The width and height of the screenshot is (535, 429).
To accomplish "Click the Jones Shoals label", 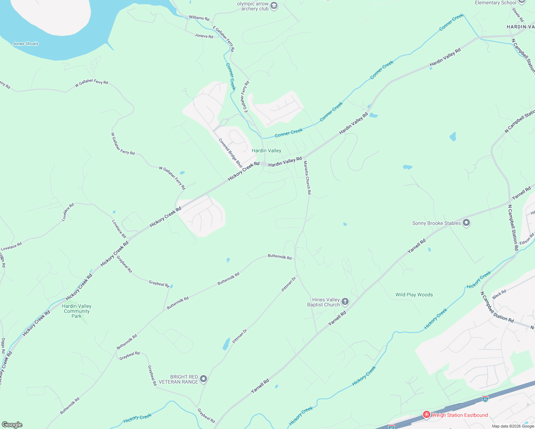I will click(x=25, y=44).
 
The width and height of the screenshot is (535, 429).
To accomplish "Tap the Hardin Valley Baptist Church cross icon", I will click(x=345, y=302).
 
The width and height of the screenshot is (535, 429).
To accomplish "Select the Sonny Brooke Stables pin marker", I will click(x=466, y=223).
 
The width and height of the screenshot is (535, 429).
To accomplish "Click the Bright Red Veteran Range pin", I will click(x=203, y=379).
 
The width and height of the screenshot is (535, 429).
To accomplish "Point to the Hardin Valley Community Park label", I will click(x=77, y=311).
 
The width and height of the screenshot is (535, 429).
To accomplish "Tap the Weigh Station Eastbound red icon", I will click(x=426, y=415).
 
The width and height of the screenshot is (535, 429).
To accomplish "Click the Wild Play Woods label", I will click(x=414, y=295).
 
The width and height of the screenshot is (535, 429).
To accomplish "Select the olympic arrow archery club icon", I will click(x=274, y=6).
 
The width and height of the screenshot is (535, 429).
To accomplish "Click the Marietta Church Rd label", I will click(x=307, y=178).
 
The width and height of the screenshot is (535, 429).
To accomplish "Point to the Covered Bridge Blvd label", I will click(x=231, y=153).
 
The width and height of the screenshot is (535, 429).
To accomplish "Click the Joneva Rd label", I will click(x=204, y=36).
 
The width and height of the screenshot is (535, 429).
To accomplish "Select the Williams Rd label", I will click(x=199, y=18).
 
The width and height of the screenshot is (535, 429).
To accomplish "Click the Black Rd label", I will click(x=499, y=294).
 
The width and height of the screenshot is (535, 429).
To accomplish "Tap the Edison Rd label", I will click(x=526, y=239).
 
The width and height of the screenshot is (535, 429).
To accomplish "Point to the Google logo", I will click(x=12, y=425).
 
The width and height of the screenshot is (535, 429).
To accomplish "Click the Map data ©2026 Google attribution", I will click(x=513, y=426).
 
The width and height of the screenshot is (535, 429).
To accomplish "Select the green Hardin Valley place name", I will click(x=266, y=151).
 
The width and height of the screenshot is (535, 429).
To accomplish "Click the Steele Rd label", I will click(x=518, y=15).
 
